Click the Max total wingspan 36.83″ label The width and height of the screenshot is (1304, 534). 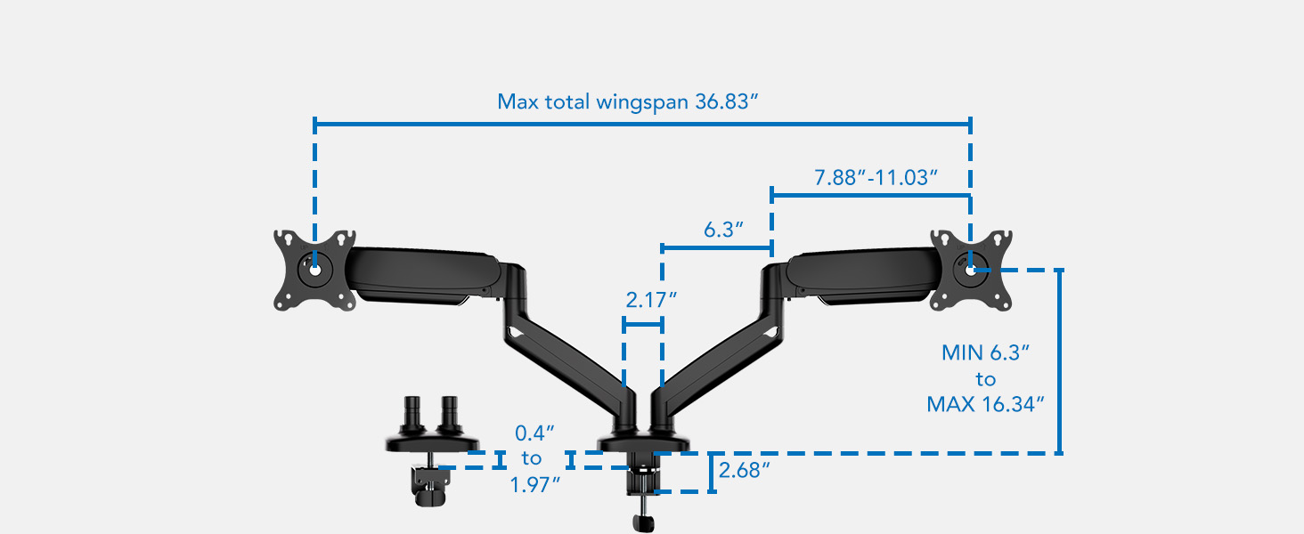click(x=627, y=101)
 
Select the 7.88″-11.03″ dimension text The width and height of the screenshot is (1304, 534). click(x=876, y=177)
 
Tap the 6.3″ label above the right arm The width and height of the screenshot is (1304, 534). click(x=723, y=231)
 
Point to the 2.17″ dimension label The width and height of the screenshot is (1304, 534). click(x=646, y=300)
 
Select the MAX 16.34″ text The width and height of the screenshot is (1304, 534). click(x=985, y=405)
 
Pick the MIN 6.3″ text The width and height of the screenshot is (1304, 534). click(x=985, y=352)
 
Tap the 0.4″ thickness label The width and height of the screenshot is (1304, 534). click(x=535, y=433)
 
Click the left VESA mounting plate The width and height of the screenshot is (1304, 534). click(x=314, y=271)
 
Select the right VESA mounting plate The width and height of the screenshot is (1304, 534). click(x=971, y=271)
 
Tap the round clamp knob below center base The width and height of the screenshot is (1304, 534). click(x=640, y=522)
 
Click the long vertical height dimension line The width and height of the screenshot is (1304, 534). click(x=1059, y=360)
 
